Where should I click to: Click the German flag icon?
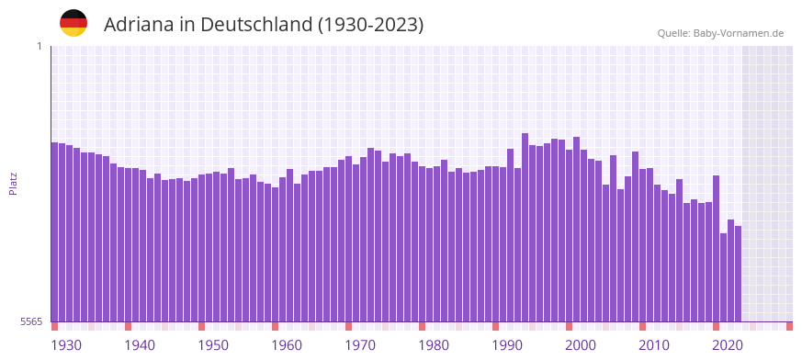pos(73,24)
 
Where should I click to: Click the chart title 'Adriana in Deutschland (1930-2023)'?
pos(264,25)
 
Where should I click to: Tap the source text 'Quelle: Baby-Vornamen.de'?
pos(720,33)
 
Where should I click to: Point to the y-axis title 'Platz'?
pos(13,183)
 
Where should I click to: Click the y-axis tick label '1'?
pos(39,46)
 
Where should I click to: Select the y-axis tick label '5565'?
pos(30,321)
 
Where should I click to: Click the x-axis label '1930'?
pos(66,345)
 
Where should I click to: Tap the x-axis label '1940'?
pos(140,345)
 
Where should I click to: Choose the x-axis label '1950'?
pos(213,345)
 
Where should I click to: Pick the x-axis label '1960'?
pos(287,345)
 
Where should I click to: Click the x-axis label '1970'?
pos(360,345)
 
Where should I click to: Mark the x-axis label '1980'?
pos(434,345)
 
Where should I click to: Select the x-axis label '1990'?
pos(507,345)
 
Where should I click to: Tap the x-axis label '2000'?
pos(581,345)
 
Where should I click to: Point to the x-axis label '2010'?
pos(654,345)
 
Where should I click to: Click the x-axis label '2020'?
pos(728,345)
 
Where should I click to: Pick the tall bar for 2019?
pos(716,248)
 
